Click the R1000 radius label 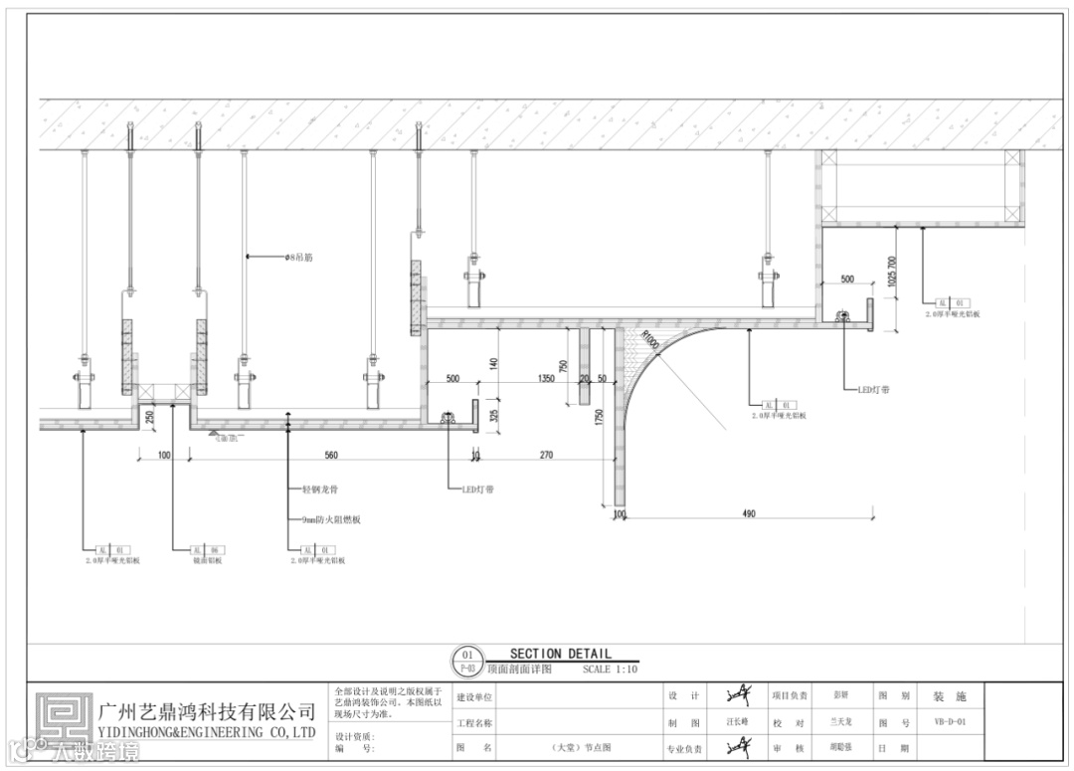651,339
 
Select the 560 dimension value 331,456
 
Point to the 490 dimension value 749,513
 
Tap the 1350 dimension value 545,379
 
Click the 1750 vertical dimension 600,416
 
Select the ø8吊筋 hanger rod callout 299,257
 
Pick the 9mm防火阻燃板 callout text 330,519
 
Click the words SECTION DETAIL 561,654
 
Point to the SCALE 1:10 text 610,670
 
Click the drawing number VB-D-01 950,722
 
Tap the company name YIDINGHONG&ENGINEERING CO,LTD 208,733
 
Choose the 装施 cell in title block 949,696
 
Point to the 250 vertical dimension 151,418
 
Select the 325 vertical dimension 494,413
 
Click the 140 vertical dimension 494,363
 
